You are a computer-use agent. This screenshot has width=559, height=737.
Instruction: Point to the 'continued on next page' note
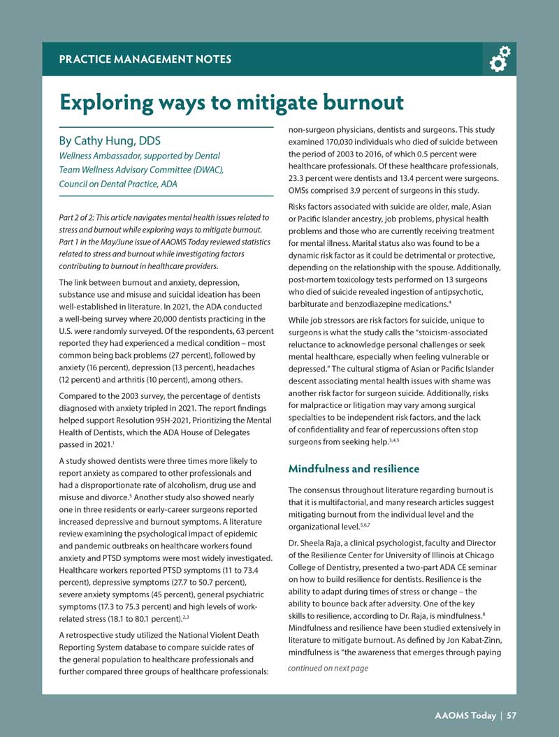click(x=328, y=669)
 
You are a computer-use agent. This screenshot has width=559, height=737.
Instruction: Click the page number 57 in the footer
click(x=512, y=715)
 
